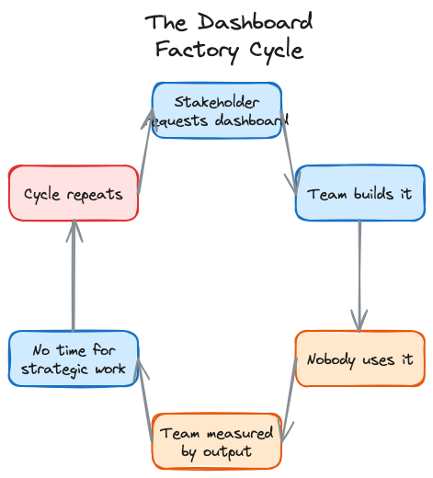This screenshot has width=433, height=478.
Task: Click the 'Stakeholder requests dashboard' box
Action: (217, 110)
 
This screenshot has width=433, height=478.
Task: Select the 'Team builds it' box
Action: (359, 193)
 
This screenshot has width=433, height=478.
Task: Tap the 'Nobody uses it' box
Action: (359, 358)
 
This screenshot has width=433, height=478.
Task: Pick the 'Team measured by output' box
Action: (217, 441)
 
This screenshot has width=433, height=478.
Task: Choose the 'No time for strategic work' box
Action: (74, 358)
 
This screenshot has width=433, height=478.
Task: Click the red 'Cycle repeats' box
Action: (74, 193)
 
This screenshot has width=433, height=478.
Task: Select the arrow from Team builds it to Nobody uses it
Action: (359, 276)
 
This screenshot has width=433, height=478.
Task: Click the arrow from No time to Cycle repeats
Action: (74, 276)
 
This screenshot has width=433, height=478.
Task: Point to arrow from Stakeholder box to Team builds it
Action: (289, 152)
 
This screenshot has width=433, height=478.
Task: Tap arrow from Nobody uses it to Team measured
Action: (289, 400)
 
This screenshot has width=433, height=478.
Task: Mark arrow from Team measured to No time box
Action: (145, 400)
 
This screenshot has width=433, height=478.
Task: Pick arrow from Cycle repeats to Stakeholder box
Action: (145, 152)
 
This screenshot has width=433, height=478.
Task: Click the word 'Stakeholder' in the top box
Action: (217, 102)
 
